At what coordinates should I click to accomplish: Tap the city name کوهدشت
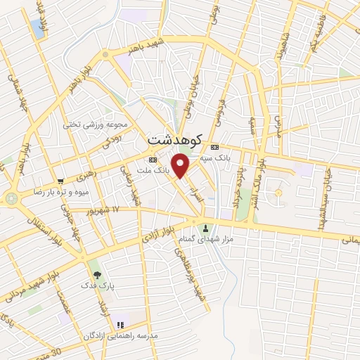(176, 139)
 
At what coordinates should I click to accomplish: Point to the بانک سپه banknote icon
(214, 147)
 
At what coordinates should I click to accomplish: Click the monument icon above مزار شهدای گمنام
(206, 228)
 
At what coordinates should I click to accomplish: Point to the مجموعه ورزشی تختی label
(96, 125)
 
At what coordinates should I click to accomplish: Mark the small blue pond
(37, 28)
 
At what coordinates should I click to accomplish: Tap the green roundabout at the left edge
(11, 199)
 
